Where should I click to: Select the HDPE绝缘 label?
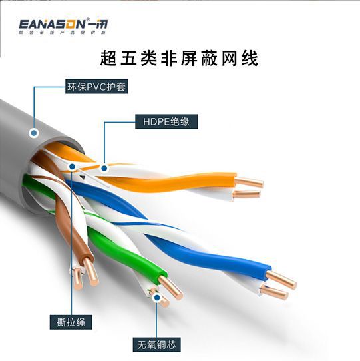(162, 122)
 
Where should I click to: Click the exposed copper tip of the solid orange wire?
(251, 181)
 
